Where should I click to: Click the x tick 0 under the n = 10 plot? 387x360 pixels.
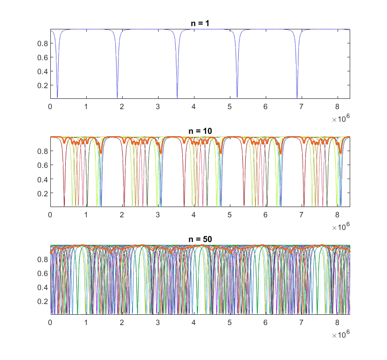click(x=50, y=215)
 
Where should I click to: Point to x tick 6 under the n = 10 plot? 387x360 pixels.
click(x=265, y=215)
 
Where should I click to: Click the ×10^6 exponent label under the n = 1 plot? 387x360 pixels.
click(x=341, y=119)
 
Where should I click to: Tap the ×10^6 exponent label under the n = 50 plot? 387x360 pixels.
click(x=341, y=335)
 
